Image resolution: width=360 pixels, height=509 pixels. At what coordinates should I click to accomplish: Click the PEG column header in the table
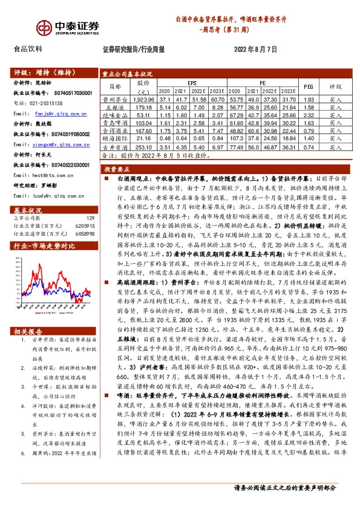pos(308,86)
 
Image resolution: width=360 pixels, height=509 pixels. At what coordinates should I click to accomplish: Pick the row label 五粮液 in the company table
pos(114,107)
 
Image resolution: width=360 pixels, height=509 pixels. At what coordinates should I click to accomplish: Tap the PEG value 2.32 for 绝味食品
pos(308,114)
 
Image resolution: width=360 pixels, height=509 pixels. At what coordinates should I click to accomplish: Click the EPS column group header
pos(191,83)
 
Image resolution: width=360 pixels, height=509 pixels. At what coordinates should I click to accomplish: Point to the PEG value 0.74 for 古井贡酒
pos(308,146)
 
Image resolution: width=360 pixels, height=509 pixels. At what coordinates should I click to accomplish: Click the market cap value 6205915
pos(85,225)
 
